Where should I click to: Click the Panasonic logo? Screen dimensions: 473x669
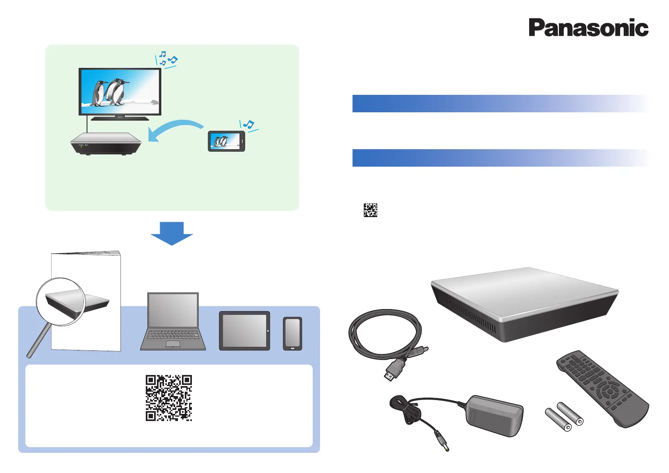588,28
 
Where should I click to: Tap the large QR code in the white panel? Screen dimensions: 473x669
169,398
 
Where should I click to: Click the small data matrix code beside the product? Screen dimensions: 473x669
370,210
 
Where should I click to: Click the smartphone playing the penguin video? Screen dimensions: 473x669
226,141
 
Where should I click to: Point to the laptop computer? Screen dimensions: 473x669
173,322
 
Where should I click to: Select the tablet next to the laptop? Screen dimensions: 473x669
244,331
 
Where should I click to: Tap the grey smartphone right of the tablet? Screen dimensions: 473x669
292,334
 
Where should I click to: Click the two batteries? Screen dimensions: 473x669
564,417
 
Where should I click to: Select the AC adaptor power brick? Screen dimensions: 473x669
495,415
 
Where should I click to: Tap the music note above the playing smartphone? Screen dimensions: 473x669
249,125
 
